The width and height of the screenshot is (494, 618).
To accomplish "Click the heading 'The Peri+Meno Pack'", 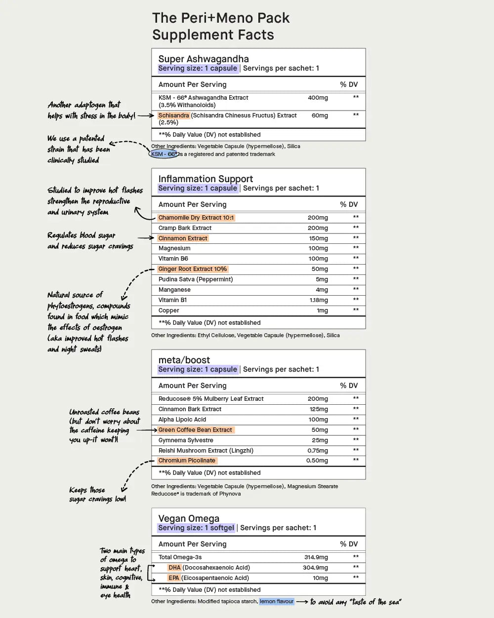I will [220, 18].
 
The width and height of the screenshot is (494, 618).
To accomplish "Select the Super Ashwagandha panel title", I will [203, 59].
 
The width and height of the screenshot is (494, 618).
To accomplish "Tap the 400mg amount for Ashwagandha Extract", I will [318, 98].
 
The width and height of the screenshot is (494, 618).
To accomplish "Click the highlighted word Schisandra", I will [173, 116].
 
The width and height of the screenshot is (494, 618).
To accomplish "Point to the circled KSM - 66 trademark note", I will [164, 154].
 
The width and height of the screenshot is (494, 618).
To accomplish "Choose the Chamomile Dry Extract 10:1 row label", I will [196, 218].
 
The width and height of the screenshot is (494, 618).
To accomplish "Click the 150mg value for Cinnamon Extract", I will [318, 238].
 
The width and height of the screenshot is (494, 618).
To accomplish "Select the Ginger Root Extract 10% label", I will [192, 269].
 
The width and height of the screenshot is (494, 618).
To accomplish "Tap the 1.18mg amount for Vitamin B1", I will [319, 300].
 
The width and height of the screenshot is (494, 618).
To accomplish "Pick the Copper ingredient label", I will [168, 310].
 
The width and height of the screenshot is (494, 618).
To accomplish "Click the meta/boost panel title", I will [184, 360].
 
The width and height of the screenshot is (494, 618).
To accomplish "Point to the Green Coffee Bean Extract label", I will [195, 430].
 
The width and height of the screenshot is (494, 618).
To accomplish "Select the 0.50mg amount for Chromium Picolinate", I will [317, 461].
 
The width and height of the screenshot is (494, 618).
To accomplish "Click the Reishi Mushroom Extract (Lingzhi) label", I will [206, 451].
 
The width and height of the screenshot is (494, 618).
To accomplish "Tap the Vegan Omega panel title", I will [189, 518].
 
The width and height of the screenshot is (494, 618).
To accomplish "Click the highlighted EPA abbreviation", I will [174, 578].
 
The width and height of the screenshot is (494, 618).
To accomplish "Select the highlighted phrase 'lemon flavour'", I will [277, 601].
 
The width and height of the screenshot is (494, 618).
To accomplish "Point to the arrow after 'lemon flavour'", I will [302, 602].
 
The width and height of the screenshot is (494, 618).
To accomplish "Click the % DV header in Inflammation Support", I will [348, 204].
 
